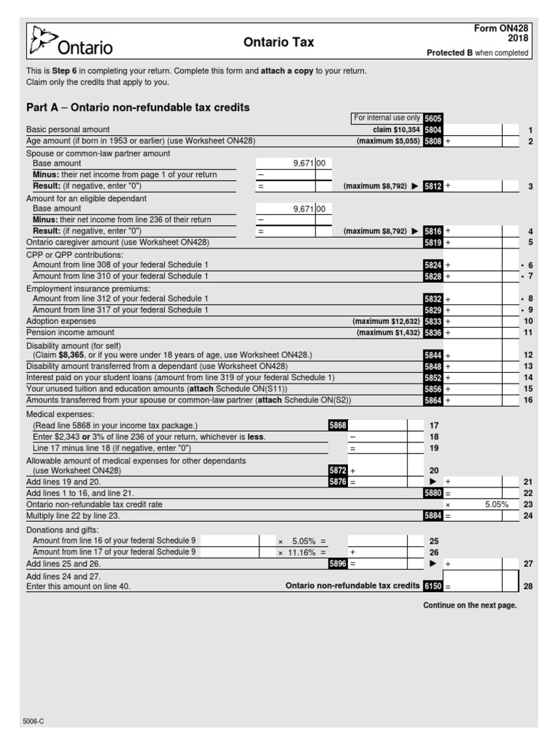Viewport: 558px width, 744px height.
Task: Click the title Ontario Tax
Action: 279,43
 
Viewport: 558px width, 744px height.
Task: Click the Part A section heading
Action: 138,108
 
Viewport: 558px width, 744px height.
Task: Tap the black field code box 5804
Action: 433,129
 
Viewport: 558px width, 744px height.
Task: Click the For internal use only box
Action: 387,118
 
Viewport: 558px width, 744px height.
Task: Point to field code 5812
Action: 433,186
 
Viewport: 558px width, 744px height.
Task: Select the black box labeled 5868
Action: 338,425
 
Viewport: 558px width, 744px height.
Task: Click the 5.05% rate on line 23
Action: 496,504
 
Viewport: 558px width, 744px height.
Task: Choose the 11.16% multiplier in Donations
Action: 301,552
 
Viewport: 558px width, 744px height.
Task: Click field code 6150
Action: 433,586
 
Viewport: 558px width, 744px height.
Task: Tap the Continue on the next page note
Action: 470,606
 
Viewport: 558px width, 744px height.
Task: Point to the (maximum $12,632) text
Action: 386,321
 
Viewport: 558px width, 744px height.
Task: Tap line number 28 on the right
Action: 528,586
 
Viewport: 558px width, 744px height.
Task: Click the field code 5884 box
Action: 433,515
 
